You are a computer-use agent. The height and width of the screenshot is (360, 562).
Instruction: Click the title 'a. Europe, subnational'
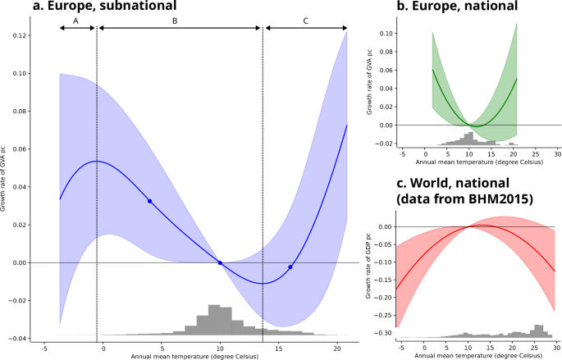tap(105, 5)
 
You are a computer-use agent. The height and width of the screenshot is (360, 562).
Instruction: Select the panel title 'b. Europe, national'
tap(457, 5)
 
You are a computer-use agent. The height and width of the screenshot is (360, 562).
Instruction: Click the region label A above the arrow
tap(75, 21)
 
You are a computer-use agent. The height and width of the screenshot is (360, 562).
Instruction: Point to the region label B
tap(175, 21)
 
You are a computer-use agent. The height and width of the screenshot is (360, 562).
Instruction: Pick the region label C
tap(305, 21)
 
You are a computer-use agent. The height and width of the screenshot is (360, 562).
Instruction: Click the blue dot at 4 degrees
tap(150, 201)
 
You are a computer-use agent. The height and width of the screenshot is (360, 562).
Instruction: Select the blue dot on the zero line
tap(220, 263)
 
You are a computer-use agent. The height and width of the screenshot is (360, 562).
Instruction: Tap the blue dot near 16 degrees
tap(290, 267)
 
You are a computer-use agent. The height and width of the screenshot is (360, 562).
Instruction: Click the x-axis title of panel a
tap(194, 357)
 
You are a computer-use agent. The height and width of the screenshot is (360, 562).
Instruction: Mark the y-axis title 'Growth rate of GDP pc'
tap(368, 266)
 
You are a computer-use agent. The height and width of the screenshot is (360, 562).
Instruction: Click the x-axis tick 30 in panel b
tap(558, 154)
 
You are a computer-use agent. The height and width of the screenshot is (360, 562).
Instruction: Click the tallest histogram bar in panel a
tap(214, 320)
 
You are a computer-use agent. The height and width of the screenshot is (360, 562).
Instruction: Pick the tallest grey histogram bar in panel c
tap(537, 331)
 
